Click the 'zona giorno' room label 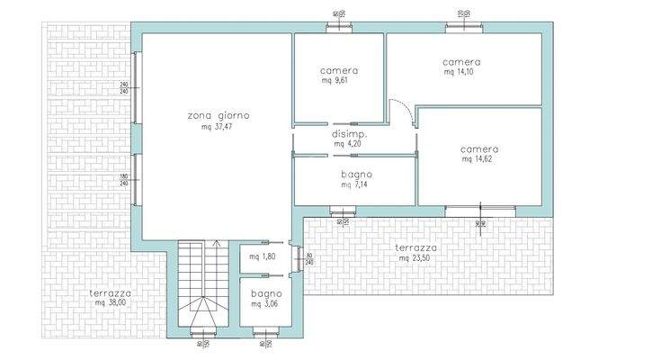point(219,116)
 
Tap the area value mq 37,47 point(219,127)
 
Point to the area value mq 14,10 point(460,73)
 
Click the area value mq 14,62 point(479,159)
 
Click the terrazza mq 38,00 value point(112,303)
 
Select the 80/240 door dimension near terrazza point(310,259)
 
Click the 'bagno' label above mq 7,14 point(356,174)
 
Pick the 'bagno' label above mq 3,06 point(267,293)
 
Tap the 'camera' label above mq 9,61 point(339,70)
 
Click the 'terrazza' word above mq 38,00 point(112,292)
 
